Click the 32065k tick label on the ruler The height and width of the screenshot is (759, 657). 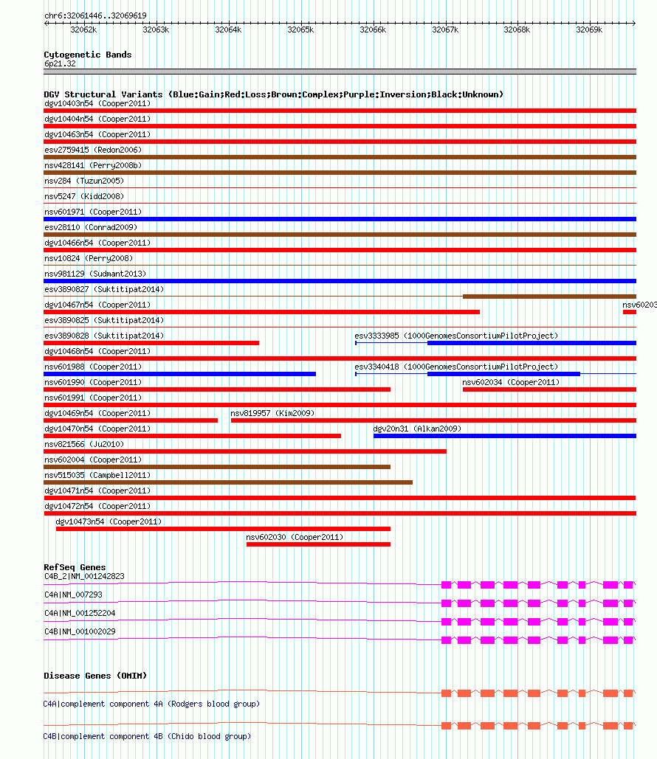point(300,30)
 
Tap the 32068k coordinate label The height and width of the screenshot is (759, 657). point(517,30)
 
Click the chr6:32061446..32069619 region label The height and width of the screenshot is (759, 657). point(95,15)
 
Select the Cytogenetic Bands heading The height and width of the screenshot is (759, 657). point(87,55)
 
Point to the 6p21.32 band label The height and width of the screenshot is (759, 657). point(60,64)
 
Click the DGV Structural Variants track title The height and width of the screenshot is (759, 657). point(273,94)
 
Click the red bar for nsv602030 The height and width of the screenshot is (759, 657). point(318,544)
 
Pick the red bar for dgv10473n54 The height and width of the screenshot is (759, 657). point(223,529)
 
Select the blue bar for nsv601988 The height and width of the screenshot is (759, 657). point(179,374)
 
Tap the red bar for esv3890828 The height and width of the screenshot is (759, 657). point(151,343)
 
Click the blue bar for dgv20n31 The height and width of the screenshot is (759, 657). point(504,436)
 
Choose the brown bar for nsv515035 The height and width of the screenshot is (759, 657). point(228,482)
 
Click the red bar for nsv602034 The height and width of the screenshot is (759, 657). point(549,389)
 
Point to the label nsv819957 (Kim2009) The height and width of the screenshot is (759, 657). point(272,413)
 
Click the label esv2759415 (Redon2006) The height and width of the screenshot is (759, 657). point(92,150)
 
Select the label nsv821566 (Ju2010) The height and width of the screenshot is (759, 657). point(84,444)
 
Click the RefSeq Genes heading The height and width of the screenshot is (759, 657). point(75,567)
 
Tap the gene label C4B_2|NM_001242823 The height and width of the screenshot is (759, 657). point(84,576)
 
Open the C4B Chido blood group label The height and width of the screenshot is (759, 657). point(147,736)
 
